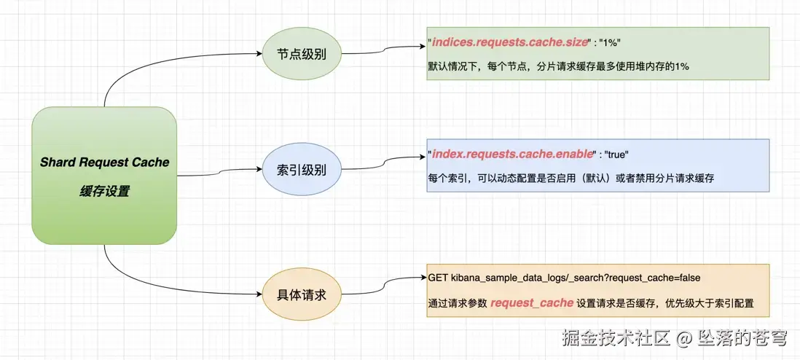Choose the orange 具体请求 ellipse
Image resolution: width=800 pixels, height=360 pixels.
click(301, 296)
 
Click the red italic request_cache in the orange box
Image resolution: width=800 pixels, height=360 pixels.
click(532, 302)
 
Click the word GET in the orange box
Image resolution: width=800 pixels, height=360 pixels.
click(437, 278)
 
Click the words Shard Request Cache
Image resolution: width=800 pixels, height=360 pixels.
click(104, 162)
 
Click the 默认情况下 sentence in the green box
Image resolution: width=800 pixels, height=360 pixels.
click(558, 66)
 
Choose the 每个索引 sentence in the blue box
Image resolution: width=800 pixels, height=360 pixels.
click(570, 177)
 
